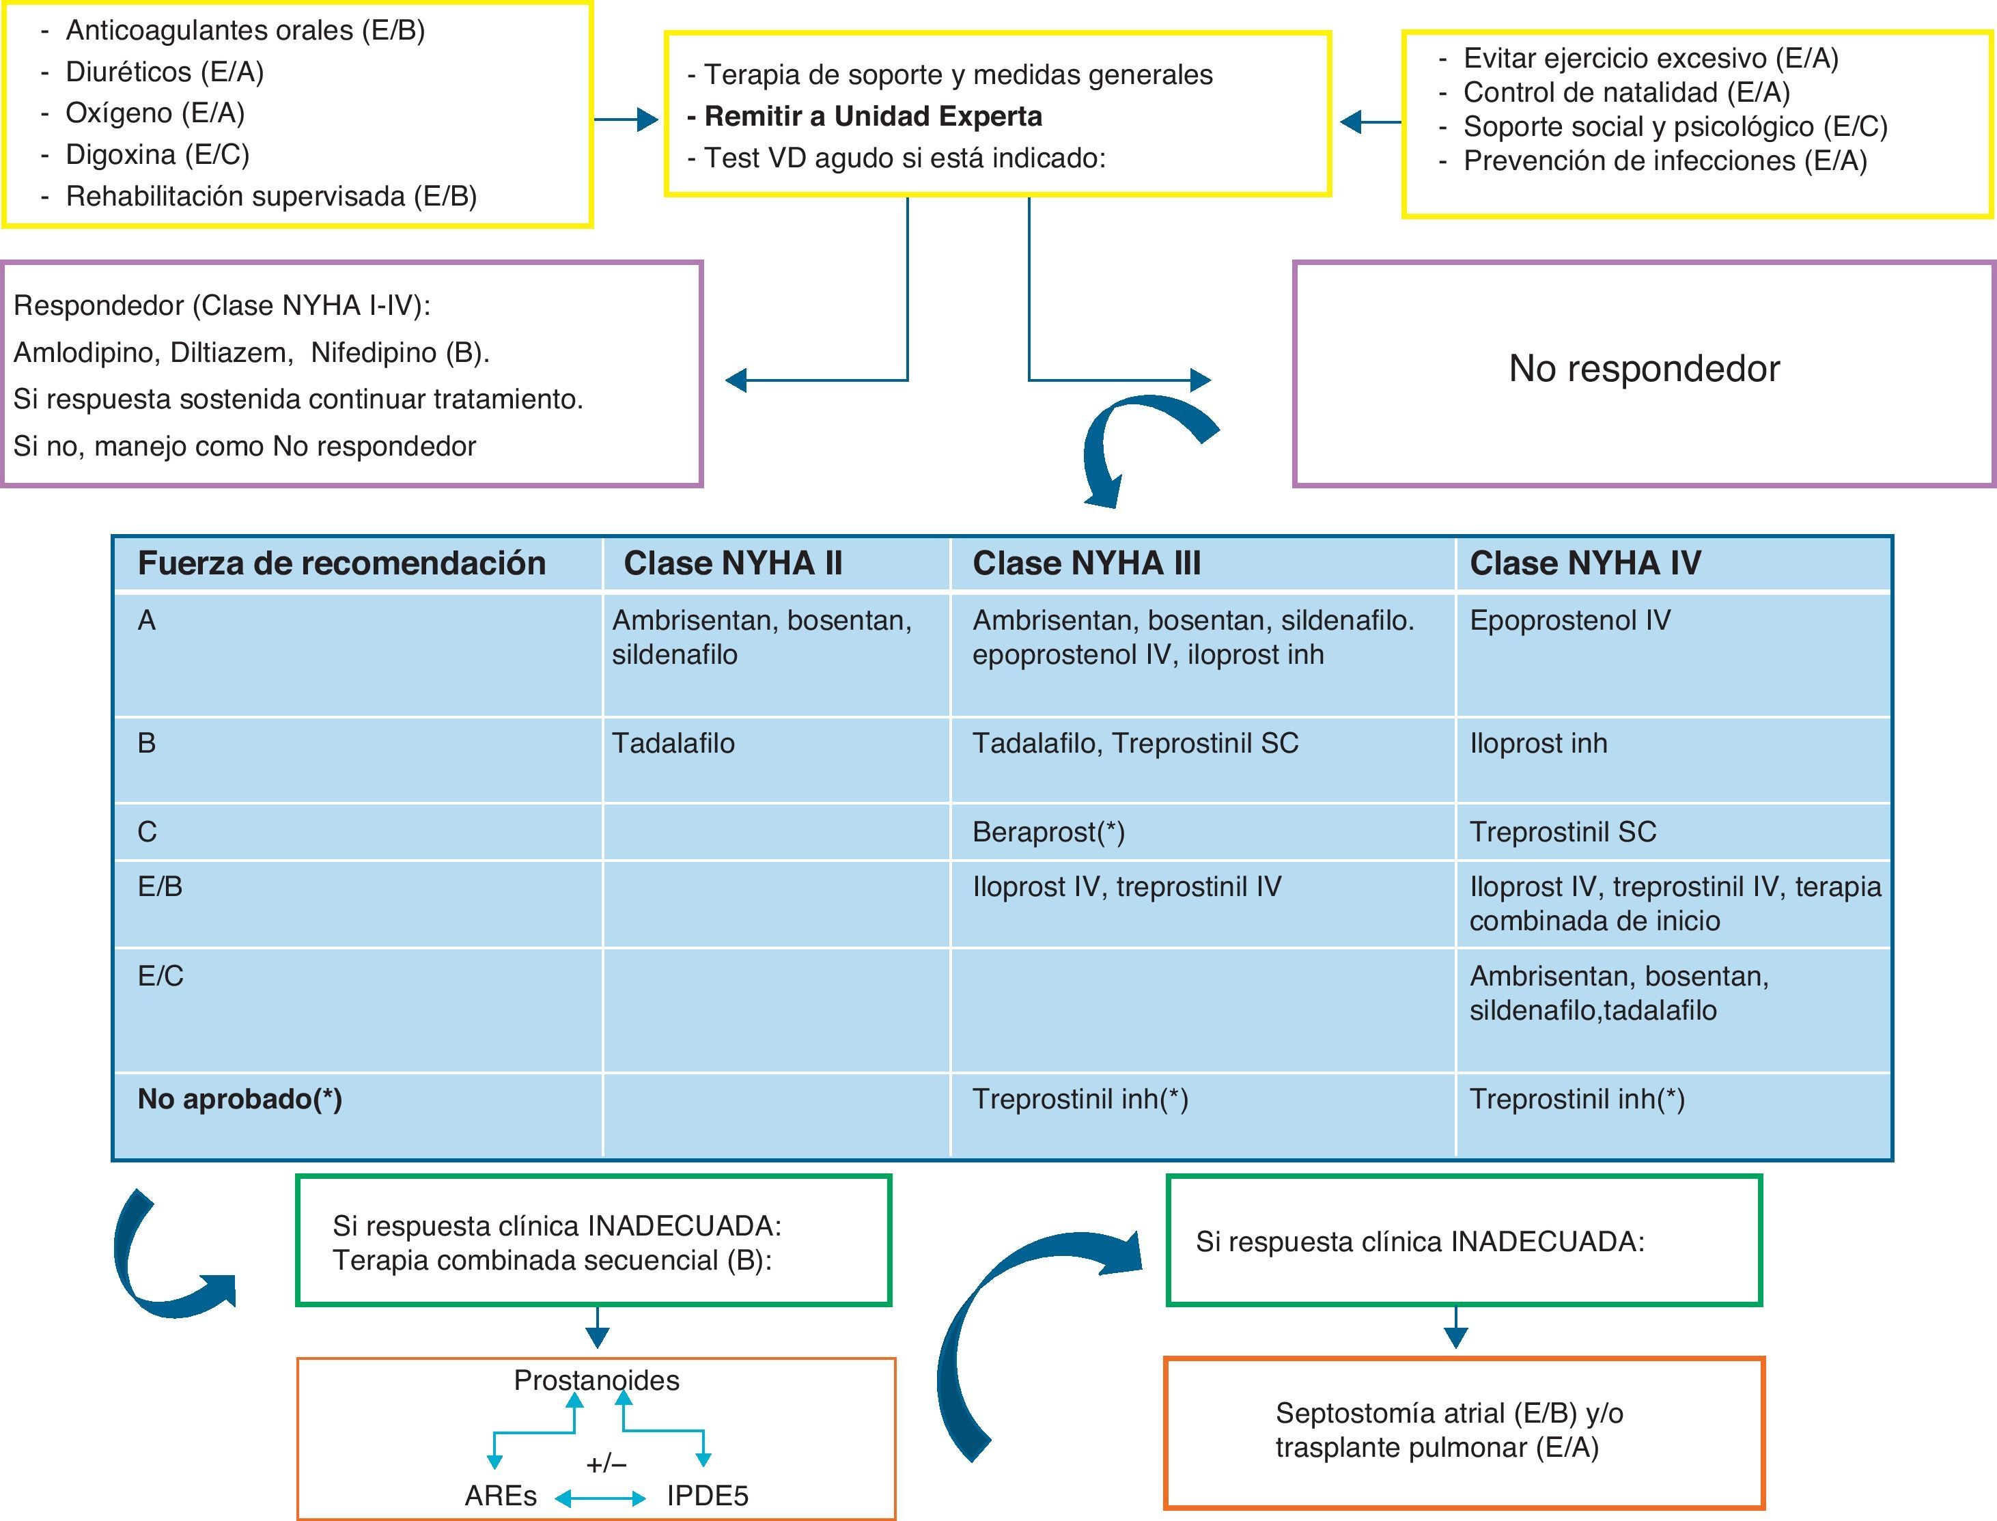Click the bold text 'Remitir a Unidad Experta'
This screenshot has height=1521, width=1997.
coord(873,117)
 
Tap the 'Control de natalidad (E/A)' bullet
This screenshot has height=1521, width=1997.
coord(1627,92)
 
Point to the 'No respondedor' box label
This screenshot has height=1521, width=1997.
coord(1644,369)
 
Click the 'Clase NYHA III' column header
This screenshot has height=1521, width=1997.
coord(1087,563)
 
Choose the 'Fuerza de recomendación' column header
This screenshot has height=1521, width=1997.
coord(341,563)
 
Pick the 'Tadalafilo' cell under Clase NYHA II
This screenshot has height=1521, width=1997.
coord(673,743)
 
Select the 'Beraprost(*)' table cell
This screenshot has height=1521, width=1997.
coord(1048,832)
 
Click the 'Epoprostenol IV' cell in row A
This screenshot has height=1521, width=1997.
coord(1569,620)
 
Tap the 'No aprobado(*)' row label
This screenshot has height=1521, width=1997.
coord(240,1099)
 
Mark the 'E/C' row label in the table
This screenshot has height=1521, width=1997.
coord(160,976)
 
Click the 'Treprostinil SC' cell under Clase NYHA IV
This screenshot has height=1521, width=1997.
coord(1563,832)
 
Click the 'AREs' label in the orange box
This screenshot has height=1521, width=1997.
coord(501,1496)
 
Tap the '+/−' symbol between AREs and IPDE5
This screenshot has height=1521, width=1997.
coord(606,1464)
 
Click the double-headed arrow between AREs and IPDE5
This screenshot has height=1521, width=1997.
coord(600,1498)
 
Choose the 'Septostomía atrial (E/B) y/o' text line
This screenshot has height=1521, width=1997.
coord(1449,1413)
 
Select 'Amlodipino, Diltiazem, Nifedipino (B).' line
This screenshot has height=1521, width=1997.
coord(251,353)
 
